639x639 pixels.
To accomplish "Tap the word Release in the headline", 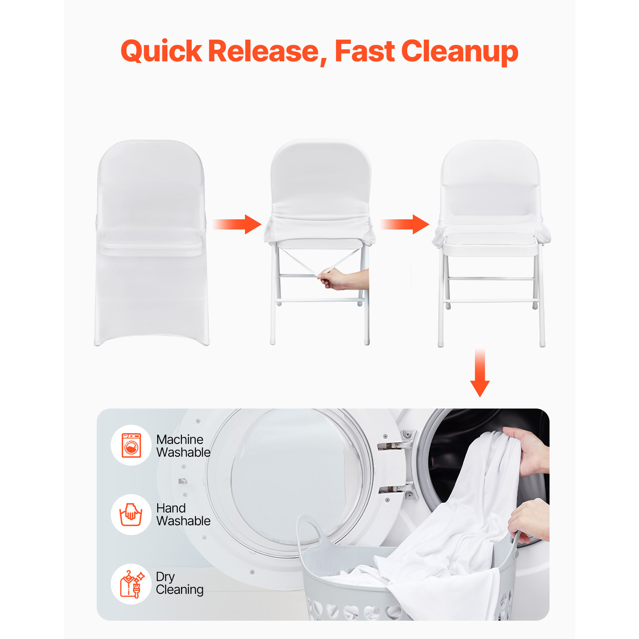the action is click(x=264, y=52).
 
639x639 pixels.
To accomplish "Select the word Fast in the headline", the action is click(x=364, y=52).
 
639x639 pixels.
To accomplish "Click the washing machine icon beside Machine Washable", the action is click(x=131, y=445).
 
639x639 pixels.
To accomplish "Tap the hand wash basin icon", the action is click(x=131, y=514).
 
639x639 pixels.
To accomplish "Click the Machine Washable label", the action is click(x=183, y=446).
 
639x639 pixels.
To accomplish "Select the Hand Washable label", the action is click(x=183, y=514).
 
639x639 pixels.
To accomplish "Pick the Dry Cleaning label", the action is click(x=179, y=583).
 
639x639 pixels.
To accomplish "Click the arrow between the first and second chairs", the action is click(x=237, y=224).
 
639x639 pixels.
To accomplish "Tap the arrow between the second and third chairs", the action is click(x=405, y=224).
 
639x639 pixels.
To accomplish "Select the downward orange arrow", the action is click(x=480, y=373).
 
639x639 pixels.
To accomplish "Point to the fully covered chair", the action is click(x=151, y=243).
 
